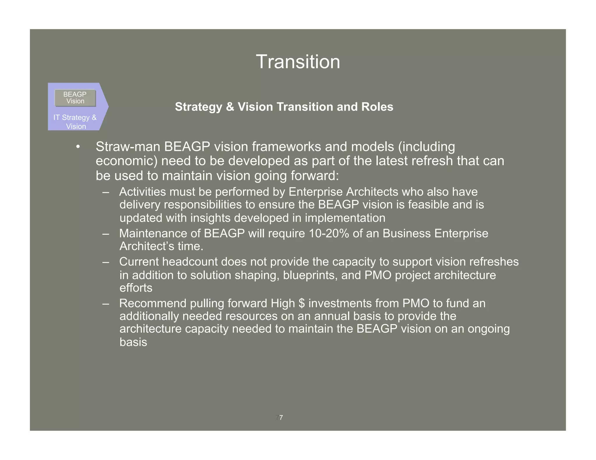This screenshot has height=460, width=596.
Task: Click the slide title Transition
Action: pos(298,62)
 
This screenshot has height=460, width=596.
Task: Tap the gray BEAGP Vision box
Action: pos(75,98)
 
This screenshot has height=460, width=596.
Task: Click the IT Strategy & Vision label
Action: pos(75,122)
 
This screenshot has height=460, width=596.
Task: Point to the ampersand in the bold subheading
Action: pos(230,107)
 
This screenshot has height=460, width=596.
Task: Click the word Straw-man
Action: pos(128,147)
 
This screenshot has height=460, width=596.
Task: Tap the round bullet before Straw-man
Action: pos(78,147)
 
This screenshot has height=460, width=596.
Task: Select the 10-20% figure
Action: pos(329,233)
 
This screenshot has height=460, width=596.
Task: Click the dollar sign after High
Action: pos(301,303)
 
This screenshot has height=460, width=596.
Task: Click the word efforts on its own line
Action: pos(136,288)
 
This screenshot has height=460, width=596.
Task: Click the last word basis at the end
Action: pos(133,342)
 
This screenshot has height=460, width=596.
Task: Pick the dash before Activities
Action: pos(106,192)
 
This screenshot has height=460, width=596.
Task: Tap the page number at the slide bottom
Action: pos(279,418)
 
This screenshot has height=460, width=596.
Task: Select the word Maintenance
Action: pos(153,233)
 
